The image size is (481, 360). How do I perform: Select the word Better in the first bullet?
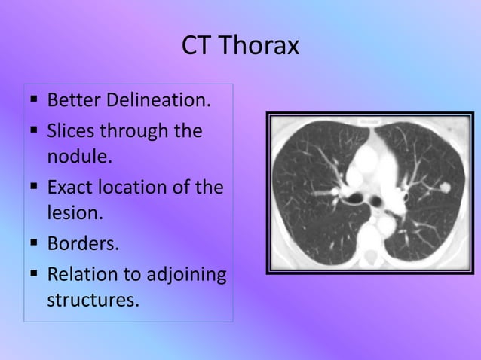pyautogui.click(x=72, y=100)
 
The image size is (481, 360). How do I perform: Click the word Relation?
pyautogui.click(x=78, y=273)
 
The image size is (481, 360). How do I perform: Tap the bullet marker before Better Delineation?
pyautogui.click(x=35, y=101)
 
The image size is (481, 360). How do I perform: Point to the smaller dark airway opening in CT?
pyautogui.click(x=374, y=201)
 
